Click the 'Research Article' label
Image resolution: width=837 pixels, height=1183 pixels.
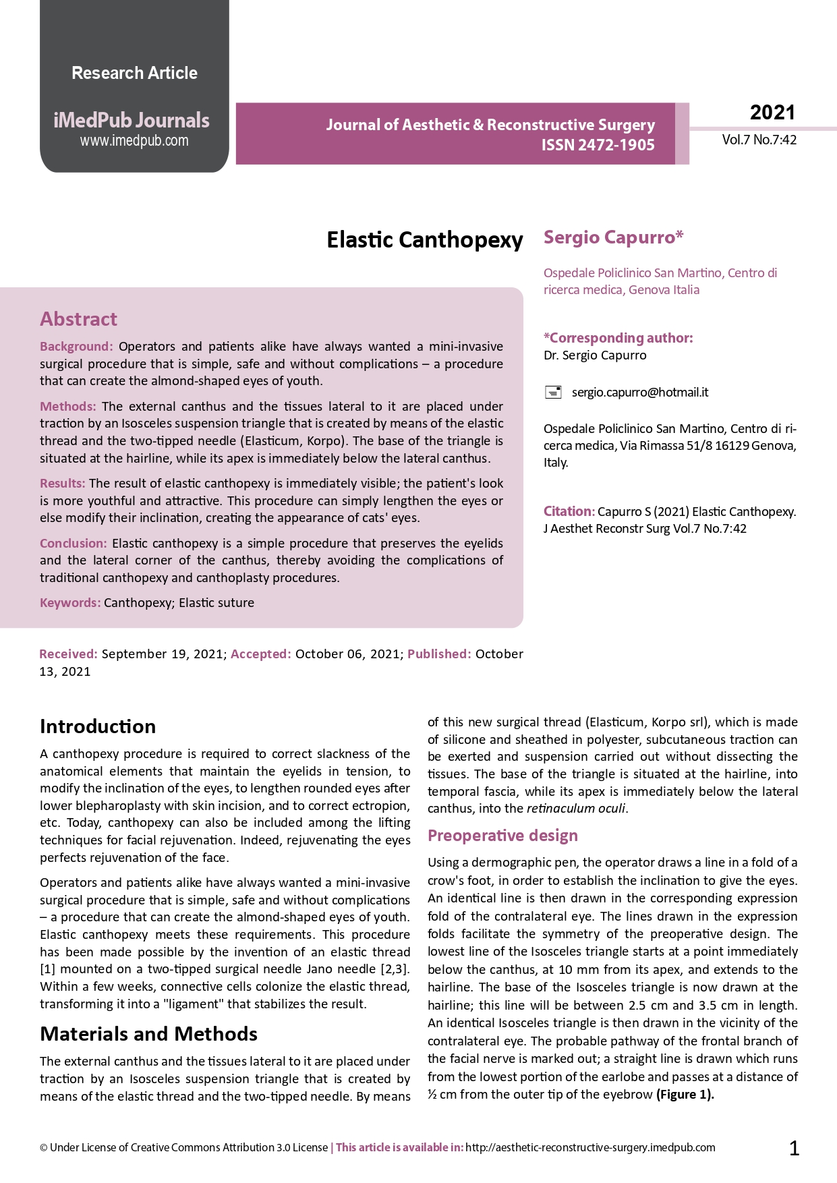134,73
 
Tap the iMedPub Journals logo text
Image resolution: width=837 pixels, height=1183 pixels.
132,120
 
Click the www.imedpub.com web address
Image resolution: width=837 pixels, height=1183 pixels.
134,141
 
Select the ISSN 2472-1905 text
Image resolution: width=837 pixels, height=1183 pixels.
598,145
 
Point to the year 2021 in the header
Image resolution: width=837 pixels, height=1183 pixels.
772,112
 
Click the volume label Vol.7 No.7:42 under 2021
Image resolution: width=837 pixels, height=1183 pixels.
759,140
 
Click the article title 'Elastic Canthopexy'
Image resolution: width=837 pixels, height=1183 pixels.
424,239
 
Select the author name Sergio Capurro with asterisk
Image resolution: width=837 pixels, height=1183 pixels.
613,237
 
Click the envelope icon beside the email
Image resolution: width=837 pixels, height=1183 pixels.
553,392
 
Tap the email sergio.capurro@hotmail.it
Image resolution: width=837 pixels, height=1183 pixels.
640,392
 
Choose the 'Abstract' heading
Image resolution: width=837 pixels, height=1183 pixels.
78,319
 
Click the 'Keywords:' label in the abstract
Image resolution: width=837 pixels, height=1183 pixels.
70,602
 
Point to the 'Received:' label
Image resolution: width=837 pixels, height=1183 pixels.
68,654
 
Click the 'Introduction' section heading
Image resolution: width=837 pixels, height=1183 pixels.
98,726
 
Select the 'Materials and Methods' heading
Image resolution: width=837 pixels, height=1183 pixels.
148,1034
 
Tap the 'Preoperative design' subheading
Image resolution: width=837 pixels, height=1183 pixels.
502,836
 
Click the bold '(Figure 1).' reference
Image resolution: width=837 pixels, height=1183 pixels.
685,1094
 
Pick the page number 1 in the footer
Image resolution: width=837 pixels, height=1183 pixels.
794,1148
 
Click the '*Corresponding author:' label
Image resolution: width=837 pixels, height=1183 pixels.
618,338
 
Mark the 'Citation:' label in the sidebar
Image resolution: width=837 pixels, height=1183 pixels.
569,511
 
